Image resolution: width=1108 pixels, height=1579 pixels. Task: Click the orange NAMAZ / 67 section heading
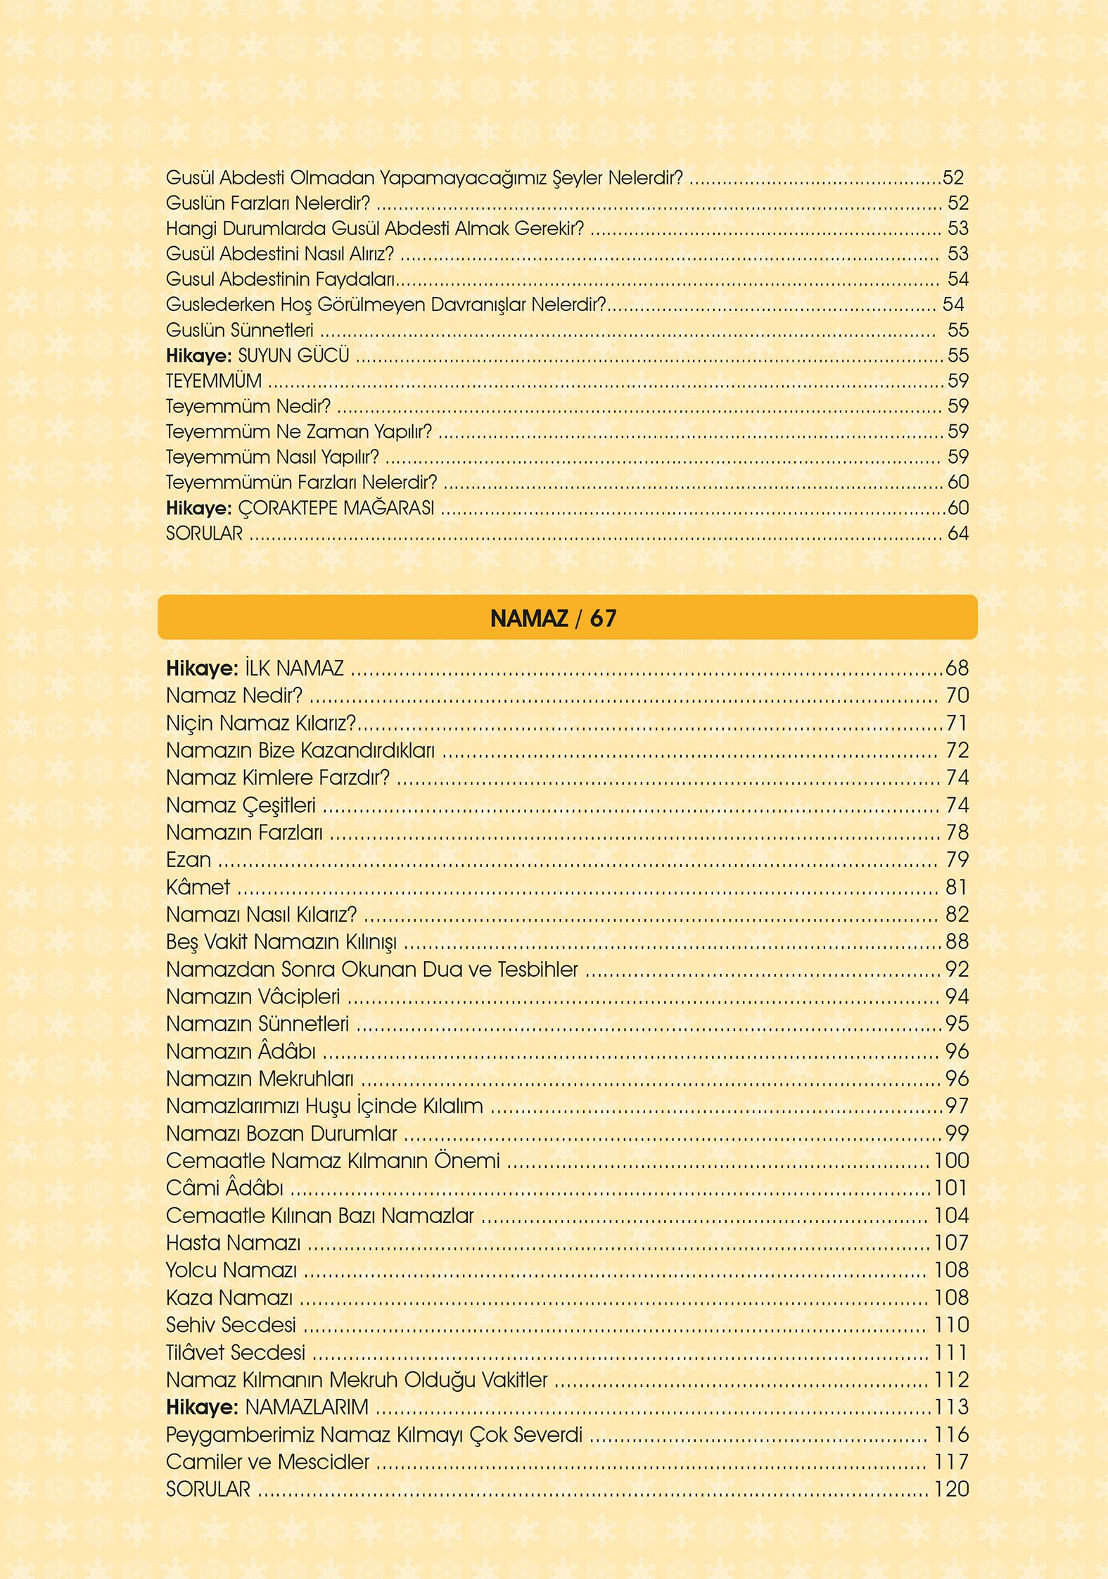(554, 618)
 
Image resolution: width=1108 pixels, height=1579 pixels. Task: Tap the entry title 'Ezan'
(188, 860)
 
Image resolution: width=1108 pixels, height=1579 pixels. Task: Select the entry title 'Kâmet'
(198, 887)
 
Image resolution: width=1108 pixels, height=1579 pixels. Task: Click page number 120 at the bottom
(951, 1489)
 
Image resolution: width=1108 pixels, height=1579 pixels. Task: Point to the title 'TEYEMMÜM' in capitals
(214, 381)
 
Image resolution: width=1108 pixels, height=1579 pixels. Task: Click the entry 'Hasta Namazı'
(233, 1243)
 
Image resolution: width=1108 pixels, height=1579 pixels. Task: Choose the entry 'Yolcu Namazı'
(231, 1270)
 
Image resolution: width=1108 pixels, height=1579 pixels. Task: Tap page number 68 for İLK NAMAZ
(957, 668)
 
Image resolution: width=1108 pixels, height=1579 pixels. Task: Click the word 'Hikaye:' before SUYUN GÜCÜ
(198, 355)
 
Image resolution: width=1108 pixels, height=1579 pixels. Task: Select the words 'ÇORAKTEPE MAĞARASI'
(336, 508)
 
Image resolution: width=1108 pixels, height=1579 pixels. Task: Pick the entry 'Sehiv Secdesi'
(231, 1325)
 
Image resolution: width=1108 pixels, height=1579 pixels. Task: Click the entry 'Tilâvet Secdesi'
(236, 1352)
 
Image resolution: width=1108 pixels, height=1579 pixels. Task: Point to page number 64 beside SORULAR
(958, 533)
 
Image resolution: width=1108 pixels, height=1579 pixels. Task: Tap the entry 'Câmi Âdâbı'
(224, 1188)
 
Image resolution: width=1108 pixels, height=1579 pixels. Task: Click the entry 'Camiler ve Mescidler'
(267, 1462)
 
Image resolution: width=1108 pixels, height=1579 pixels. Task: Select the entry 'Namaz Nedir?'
(234, 695)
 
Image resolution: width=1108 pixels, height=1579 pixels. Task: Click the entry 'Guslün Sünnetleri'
(239, 330)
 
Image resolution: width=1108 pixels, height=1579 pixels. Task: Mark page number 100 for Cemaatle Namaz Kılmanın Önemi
(951, 1160)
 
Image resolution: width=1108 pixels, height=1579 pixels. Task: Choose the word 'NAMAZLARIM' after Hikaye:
(307, 1407)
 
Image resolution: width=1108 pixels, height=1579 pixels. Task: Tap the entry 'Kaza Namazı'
(229, 1298)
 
